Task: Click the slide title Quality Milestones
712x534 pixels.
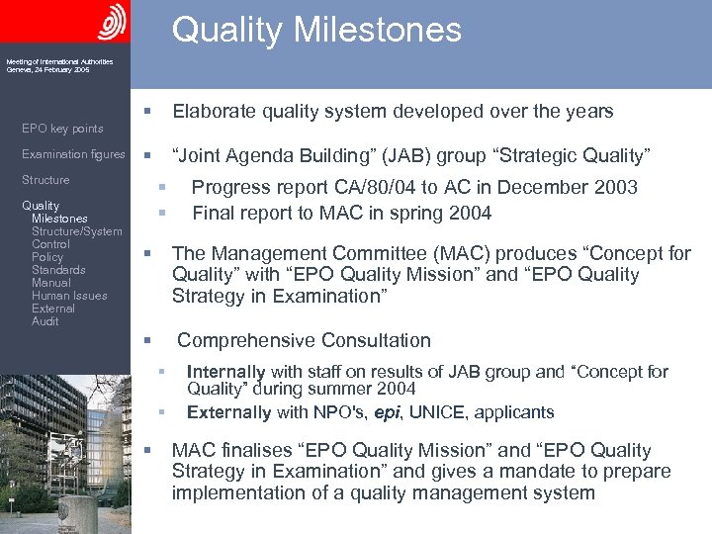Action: tap(316, 30)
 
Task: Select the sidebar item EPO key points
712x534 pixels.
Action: tap(62, 129)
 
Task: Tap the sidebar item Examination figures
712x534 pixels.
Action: tap(73, 154)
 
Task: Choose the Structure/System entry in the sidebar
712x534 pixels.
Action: tap(77, 231)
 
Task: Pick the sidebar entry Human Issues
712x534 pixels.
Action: tap(69, 296)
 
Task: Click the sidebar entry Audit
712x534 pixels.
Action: tap(44, 321)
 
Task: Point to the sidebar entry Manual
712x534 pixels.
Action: tap(51, 283)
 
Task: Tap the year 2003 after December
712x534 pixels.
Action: tap(615, 187)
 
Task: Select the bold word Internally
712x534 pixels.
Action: tap(225, 372)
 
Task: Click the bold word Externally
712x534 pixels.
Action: tap(228, 412)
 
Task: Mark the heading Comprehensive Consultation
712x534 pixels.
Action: tap(304, 341)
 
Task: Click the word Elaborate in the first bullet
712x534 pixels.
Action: tap(211, 111)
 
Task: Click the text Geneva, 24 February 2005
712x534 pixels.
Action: tap(47, 70)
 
